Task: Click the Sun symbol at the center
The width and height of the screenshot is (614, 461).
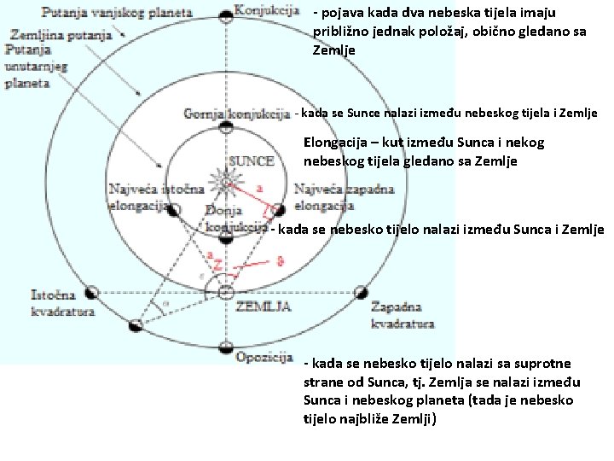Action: [225, 180]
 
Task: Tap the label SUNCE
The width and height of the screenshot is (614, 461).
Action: [252, 160]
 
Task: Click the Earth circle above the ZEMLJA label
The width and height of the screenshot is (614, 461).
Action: [225, 293]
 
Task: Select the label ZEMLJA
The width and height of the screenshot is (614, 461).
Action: [265, 306]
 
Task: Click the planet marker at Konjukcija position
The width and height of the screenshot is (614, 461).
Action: [225, 16]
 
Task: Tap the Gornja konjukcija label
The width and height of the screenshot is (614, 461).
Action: [237, 114]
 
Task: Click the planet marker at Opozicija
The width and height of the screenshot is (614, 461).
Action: [225, 347]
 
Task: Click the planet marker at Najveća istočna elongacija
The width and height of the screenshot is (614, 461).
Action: [173, 210]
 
